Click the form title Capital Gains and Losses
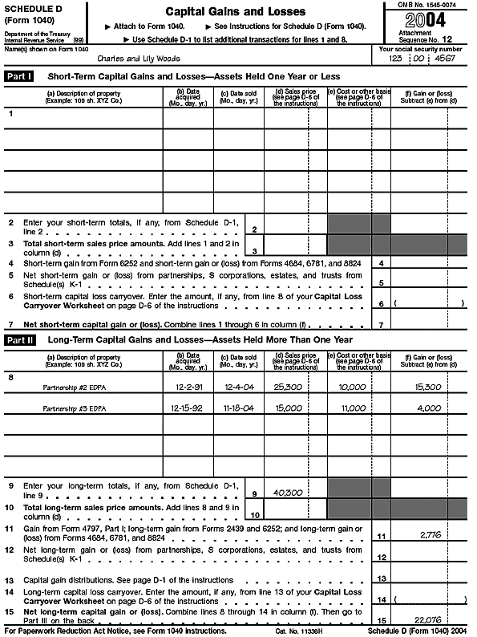pos(235,12)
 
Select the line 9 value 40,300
pos(287,493)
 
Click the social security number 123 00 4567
pos(422,59)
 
